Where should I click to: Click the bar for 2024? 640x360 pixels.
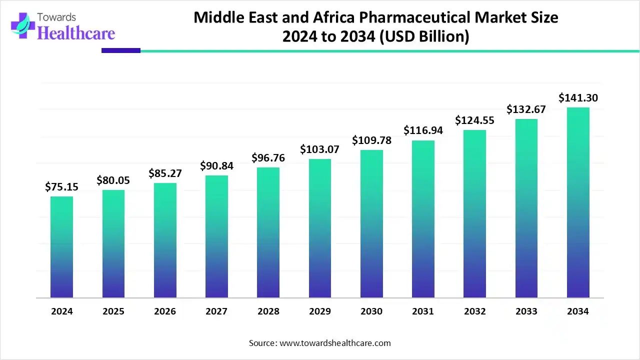[x=61, y=247]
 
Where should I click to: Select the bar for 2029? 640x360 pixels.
[x=319, y=228]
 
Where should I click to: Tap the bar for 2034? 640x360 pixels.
[x=578, y=202]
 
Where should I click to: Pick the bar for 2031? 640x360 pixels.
[x=423, y=219]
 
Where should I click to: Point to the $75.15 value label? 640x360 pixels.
[x=61, y=186]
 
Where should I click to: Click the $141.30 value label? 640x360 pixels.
[x=578, y=97]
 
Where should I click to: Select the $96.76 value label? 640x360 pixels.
[x=268, y=157]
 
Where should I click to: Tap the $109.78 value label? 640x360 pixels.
[x=371, y=140]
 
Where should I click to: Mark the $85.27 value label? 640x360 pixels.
[x=165, y=173]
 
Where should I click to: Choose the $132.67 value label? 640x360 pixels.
[x=526, y=109]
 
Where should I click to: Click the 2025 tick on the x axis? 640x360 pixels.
[x=113, y=311]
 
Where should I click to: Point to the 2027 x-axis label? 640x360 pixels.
[x=216, y=311]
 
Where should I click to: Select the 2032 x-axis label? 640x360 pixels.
[x=474, y=311]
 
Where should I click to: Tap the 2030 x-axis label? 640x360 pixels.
[x=371, y=311]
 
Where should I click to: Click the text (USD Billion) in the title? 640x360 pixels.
[x=424, y=37]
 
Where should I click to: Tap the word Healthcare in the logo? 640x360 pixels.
[x=76, y=33]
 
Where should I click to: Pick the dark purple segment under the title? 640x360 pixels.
[x=121, y=50]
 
